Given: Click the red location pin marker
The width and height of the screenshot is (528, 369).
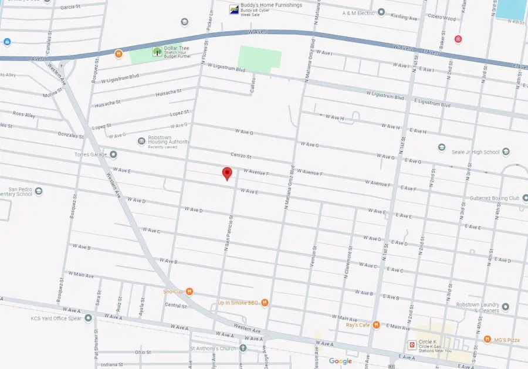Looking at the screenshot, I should (x=227, y=174).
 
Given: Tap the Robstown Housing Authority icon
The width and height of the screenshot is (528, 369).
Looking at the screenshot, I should (x=141, y=141).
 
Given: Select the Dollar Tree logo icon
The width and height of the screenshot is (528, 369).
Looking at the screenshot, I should (x=157, y=52).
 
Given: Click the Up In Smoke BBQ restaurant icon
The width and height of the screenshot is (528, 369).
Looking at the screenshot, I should (x=265, y=303).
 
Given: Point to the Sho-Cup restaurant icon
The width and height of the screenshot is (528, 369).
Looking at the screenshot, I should (x=189, y=292).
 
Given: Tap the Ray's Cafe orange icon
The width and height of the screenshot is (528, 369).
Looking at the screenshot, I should (x=376, y=325).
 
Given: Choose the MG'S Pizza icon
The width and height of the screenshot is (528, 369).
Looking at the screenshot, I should (x=487, y=339).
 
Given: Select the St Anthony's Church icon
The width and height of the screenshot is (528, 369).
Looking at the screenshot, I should (x=243, y=348).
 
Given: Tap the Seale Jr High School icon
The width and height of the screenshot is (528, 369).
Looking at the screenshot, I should (x=442, y=147).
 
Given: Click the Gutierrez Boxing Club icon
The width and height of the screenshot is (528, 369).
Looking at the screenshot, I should (x=524, y=198).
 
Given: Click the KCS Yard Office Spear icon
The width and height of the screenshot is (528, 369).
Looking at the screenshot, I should (x=88, y=319).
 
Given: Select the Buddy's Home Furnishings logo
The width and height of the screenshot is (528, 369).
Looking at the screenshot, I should (x=233, y=9).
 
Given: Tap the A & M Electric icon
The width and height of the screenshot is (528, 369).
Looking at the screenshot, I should (x=381, y=12).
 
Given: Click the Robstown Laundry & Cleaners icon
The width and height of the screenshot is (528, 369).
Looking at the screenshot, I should (x=505, y=306).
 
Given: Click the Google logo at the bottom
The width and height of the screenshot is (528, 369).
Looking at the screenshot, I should (x=340, y=361).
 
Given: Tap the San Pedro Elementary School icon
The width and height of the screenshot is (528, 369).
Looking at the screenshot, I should (x=39, y=191).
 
